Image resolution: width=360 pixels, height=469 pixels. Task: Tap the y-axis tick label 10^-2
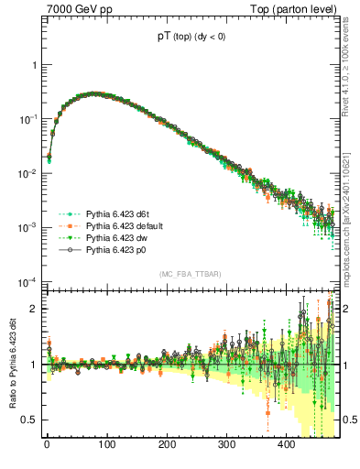click(x=26, y=174)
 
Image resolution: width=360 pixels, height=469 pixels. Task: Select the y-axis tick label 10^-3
click(x=26, y=228)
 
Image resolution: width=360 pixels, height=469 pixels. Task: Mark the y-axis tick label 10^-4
click(x=26, y=281)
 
